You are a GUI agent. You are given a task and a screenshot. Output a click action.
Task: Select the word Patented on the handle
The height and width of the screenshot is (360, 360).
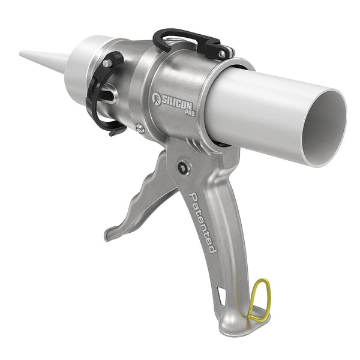(203, 223)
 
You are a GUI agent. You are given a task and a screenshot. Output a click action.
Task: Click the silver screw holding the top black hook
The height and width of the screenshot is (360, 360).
(222, 54)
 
